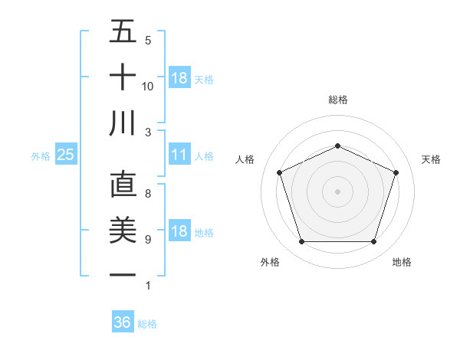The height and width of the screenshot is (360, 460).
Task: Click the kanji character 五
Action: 123,31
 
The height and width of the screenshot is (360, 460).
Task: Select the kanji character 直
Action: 123,185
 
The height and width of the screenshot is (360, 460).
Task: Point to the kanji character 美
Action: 123,230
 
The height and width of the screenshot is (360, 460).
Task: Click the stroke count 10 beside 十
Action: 148,86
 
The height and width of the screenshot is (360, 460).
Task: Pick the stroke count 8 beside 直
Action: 148,194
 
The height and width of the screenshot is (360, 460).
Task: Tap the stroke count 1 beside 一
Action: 147,286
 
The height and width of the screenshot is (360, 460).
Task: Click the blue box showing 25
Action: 65,155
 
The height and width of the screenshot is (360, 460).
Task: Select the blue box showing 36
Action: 123,322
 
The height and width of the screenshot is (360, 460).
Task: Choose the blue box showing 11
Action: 179,155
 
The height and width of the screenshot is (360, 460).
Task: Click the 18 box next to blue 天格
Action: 179,78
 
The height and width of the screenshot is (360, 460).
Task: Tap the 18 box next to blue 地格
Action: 179,231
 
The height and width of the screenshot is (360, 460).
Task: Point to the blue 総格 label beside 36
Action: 147,324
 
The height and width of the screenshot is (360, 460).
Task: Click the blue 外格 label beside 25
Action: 41,156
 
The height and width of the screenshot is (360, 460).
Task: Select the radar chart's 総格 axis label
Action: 337,100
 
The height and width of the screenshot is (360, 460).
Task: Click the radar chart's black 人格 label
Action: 245,159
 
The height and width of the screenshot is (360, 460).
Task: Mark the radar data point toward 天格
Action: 396,172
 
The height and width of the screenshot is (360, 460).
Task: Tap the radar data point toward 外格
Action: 301,242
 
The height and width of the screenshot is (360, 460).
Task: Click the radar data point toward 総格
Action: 337,146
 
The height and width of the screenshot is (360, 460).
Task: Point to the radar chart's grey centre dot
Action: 337,191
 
